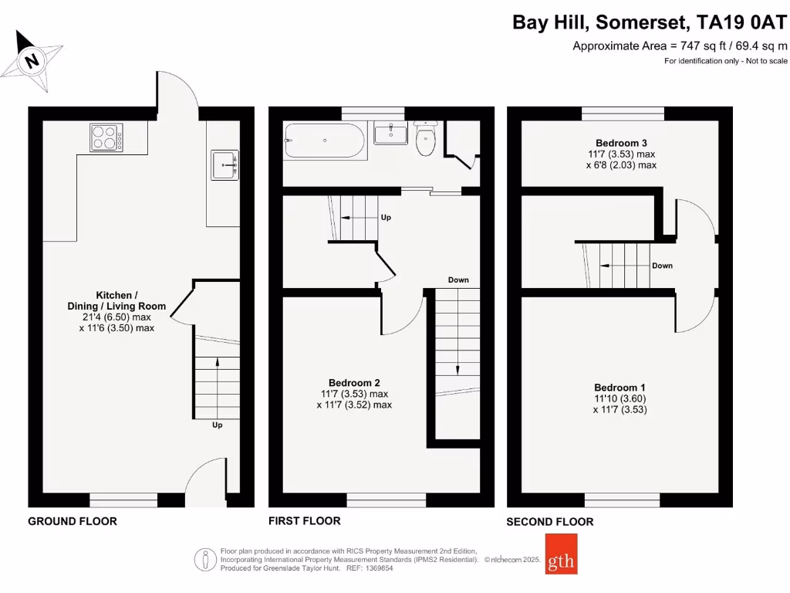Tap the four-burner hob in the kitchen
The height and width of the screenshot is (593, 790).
click(107, 137)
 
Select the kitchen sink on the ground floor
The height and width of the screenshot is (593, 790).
click(225, 165)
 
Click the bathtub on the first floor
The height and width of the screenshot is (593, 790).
click(324, 141)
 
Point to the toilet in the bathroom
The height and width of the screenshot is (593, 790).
click(425, 138)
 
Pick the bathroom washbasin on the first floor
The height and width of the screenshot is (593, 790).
click(390, 134)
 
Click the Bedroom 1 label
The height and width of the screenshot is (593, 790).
click(620, 388)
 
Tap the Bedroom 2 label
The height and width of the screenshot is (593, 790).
click(354, 383)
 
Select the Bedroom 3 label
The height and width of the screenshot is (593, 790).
click(621, 143)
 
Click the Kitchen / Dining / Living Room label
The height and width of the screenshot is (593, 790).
click(116, 300)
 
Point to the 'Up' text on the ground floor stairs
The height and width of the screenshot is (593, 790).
click(218, 425)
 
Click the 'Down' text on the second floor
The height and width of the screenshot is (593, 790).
click(662, 266)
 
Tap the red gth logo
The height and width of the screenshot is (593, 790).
click(560, 554)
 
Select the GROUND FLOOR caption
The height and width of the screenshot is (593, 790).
click(73, 521)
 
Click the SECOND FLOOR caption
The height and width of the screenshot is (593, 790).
click(550, 522)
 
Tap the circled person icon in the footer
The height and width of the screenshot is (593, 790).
click(204, 557)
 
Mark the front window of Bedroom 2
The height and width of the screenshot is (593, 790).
click(387, 503)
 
